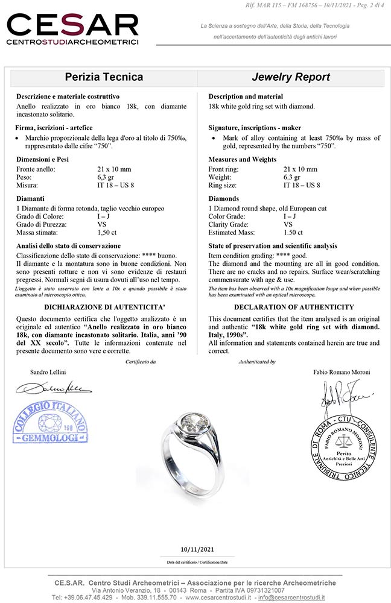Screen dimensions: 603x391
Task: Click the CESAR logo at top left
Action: coord(72,29)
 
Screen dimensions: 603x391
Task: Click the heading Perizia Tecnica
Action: coord(104,77)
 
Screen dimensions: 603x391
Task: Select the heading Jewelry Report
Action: coord(291,77)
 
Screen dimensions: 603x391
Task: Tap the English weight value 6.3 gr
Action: coord(294,177)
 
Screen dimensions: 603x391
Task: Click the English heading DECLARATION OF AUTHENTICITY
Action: coord(293,307)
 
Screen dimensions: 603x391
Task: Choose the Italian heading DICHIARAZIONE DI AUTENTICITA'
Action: coord(101,307)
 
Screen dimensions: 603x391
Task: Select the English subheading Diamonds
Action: coord(223,198)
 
